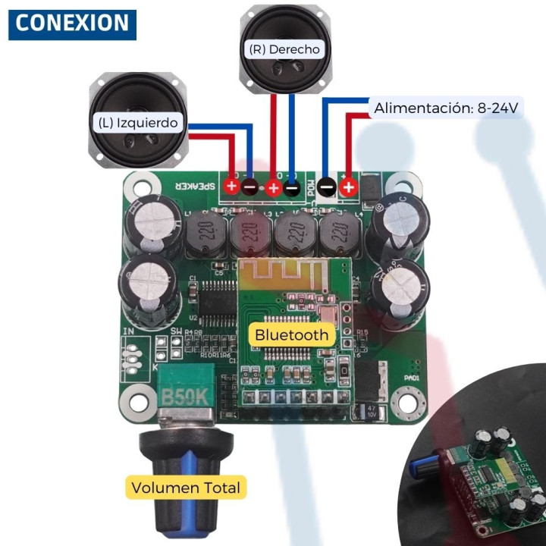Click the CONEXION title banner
pos(72,24)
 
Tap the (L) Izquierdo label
pos(137,122)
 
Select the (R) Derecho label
pos(284,49)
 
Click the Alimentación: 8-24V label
pos(446,108)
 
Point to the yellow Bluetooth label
pos(292,334)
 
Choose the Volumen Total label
pos(185,488)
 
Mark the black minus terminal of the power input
pos(327,187)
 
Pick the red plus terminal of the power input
pos(348,187)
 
